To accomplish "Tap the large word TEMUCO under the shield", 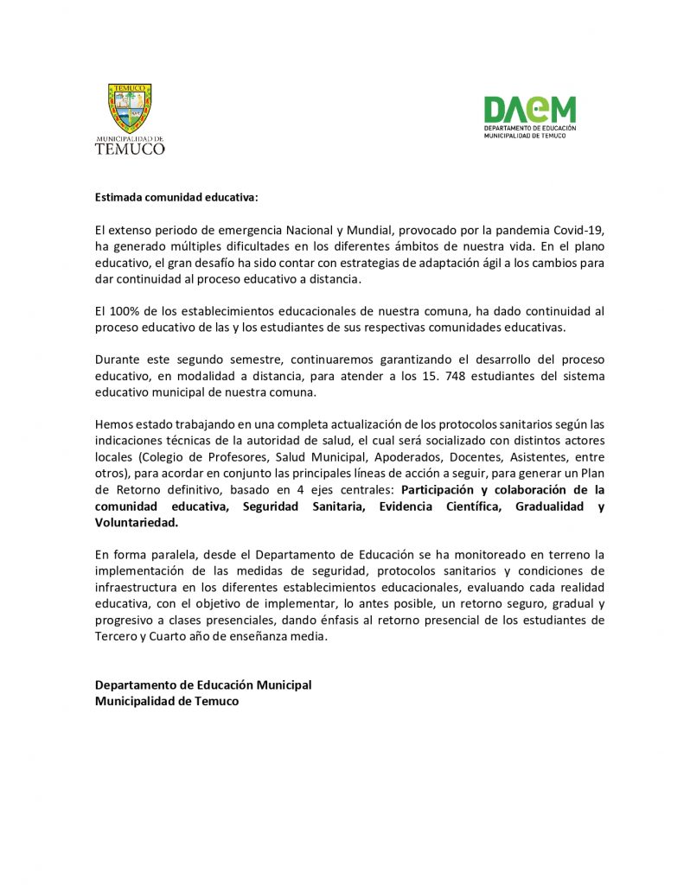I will click(130, 148).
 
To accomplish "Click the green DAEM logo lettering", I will click(529, 109).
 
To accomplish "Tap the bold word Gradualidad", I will click(550, 506).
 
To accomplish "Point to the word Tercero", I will click(116, 637).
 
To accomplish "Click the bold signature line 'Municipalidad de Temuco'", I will click(167, 701).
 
